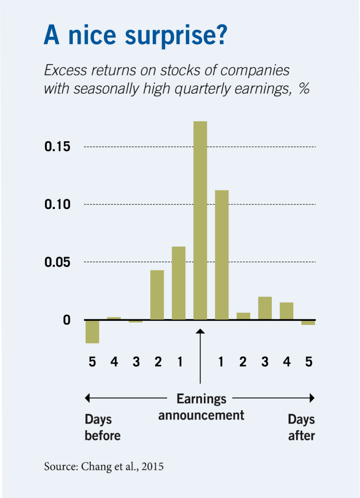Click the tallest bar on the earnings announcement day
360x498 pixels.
(200, 220)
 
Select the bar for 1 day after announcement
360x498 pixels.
(222, 255)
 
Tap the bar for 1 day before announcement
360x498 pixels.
(179, 283)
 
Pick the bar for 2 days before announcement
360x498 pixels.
(157, 295)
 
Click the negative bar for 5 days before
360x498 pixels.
(92, 332)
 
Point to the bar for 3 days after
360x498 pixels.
(265, 308)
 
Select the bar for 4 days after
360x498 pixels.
(286, 311)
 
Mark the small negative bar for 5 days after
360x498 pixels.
(308, 322)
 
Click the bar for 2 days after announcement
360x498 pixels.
(243, 316)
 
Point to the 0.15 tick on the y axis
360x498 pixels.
(57, 147)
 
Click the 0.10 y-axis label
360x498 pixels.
(57, 204)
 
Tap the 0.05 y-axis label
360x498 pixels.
(57, 262)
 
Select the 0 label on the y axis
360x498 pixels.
(67, 320)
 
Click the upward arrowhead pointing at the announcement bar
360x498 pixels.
(200, 331)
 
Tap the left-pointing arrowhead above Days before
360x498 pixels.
(87, 398)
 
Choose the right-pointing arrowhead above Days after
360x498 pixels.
(312, 398)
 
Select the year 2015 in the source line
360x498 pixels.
(152, 466)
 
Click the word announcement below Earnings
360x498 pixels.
(201, 416)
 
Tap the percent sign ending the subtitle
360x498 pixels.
(304, 88)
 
